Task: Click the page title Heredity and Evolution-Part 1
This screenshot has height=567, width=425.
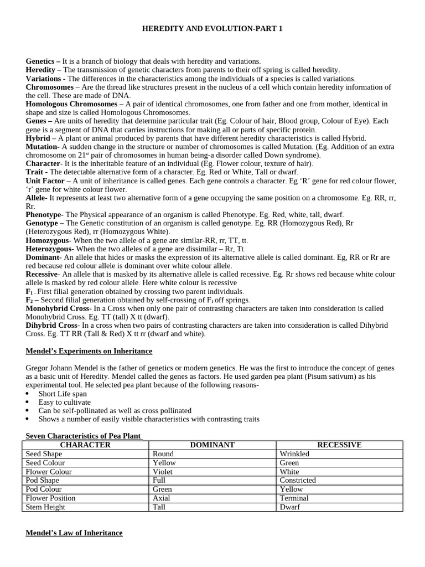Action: click(212, 28)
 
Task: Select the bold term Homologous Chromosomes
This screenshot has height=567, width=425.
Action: click(71, 104)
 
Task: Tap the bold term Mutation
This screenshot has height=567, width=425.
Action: click(42, 146)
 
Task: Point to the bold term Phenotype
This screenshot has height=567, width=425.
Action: click(44, 214)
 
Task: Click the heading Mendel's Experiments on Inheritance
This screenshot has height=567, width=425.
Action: click(89, 351)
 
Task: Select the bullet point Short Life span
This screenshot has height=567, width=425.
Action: click(63, 393)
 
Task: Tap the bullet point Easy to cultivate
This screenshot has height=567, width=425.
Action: click(65, 402)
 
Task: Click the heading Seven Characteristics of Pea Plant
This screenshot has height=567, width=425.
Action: click(84, 436)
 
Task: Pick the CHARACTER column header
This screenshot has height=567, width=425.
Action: click(85, 445)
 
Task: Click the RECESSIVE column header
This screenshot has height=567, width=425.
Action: click(339, 445)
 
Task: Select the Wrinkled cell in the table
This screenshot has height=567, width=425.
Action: click(294, 453)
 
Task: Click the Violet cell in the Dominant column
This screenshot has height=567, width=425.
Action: click(163, 471)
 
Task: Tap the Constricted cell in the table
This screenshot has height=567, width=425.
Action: click(298, 480)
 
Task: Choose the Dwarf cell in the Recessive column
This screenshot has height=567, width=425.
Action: click(289, 507)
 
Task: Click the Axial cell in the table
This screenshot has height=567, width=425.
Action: click(162, 498)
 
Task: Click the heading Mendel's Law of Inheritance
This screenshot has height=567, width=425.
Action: click(74, 533)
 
